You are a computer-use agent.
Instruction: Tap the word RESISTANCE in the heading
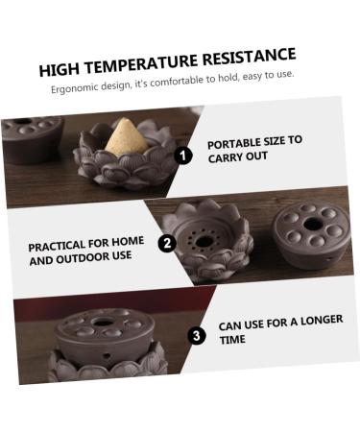click(250, 57)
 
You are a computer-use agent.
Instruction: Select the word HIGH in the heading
click(60, 70)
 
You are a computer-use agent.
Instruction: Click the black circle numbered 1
click(183, 156)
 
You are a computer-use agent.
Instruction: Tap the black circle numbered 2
click(167, 244)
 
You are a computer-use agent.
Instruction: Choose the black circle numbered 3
click(197, 336)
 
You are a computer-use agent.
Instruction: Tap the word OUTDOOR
click(83, 258)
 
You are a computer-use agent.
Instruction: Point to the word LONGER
click(322, 320)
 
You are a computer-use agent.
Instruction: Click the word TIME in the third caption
click(232, 340)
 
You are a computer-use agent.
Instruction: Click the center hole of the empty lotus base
click(204, 242)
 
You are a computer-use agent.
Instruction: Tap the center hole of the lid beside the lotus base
click(313, 225)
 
